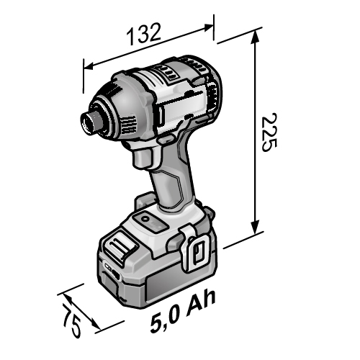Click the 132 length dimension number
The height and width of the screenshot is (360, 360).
143,34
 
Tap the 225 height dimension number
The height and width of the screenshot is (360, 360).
269,132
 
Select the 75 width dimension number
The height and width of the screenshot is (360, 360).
71,320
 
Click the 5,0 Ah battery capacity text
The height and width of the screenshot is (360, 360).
183,311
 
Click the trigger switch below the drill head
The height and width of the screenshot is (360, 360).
143,158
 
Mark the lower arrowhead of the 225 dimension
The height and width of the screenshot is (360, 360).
255,227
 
